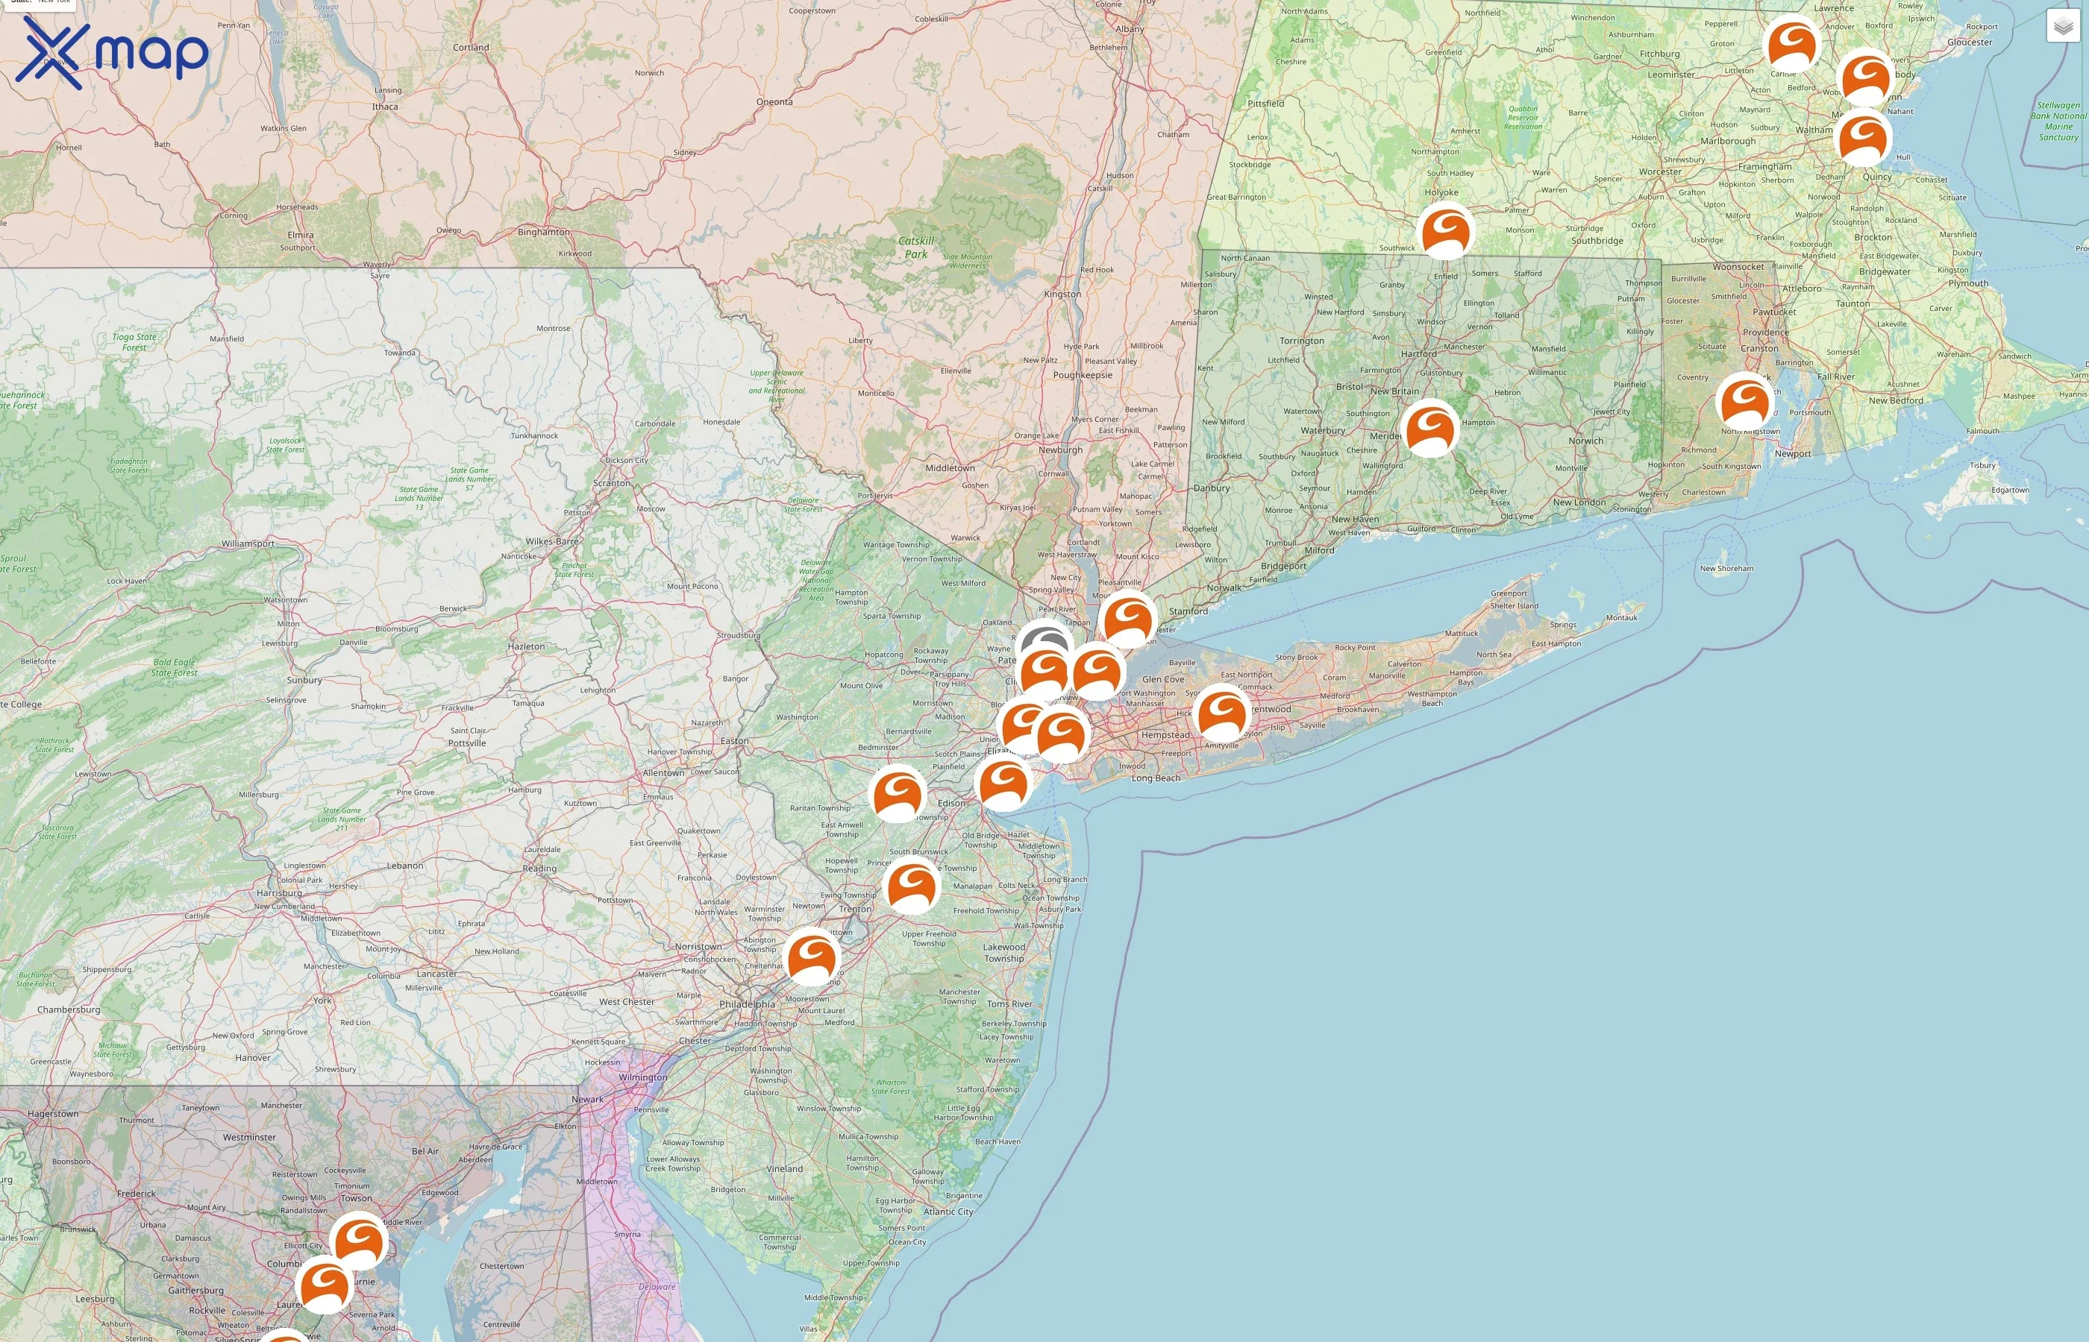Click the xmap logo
[x=112, y=52]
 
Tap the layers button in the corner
[x=2063, y=27]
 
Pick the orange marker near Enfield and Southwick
[x=1444, y=230]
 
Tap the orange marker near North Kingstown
[x=1744, y=400]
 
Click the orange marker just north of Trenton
[x=912, y=883]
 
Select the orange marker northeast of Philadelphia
[x=812, y=955]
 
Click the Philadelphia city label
[x=748, y=1004]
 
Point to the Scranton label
[x=611, y=483]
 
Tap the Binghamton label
[x=543, y=232]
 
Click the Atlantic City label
[x=948, y=1212]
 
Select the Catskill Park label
[x=915, y=248]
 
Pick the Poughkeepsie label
[x=1082, y=376]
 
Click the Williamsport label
[x=248, y=544]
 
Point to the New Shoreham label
[x=1726, y=568]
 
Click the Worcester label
[x=1660, y=171]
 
